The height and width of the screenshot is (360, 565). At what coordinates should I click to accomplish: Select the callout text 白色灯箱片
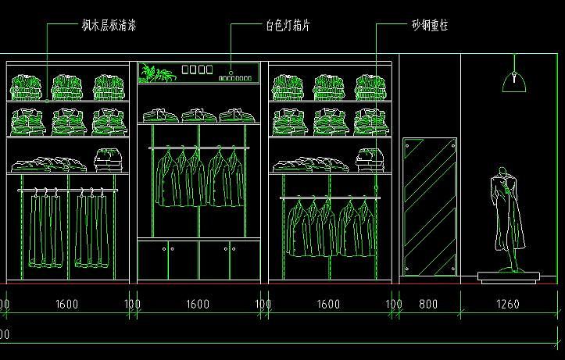click(288, 26)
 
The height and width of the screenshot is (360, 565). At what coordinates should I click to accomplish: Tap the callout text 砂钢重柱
click(430, 26)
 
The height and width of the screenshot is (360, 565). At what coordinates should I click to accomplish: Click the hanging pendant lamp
click(514, 78)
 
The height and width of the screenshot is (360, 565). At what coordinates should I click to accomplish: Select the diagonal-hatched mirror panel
click(429, 207)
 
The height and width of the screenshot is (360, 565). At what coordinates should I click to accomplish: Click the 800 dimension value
click(429, 304)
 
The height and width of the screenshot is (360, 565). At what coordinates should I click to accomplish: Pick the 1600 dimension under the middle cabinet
click(198, 304)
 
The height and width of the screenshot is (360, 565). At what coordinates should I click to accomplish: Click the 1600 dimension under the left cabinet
click(66, 304)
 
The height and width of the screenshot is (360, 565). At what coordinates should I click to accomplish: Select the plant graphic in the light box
click(156, 74)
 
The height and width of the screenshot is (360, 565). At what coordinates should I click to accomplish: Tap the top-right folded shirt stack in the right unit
click(371, 85)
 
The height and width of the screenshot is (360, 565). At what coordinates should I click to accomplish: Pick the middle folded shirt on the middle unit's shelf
click(198, 116)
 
